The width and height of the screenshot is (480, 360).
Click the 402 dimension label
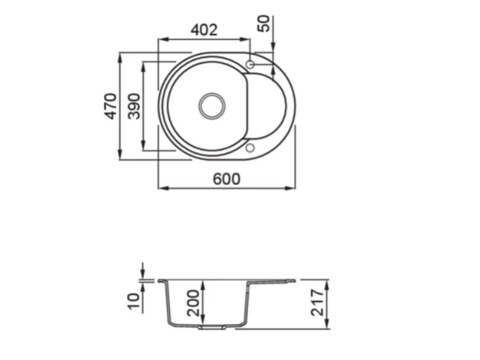[204, 30]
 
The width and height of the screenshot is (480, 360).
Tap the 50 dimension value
[264, 23]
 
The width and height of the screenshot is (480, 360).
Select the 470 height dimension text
[111, 106]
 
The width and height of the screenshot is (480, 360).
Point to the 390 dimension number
[134, 106]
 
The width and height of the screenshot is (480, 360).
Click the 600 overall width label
[227, 179]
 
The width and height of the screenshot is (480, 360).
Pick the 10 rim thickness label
[133, 302]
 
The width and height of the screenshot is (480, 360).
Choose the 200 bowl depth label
[193, 303]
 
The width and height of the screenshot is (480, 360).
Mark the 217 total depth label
[317, 303]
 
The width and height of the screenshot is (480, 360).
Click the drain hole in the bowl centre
[212, 106]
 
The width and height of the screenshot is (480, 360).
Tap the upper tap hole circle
[250, 65]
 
